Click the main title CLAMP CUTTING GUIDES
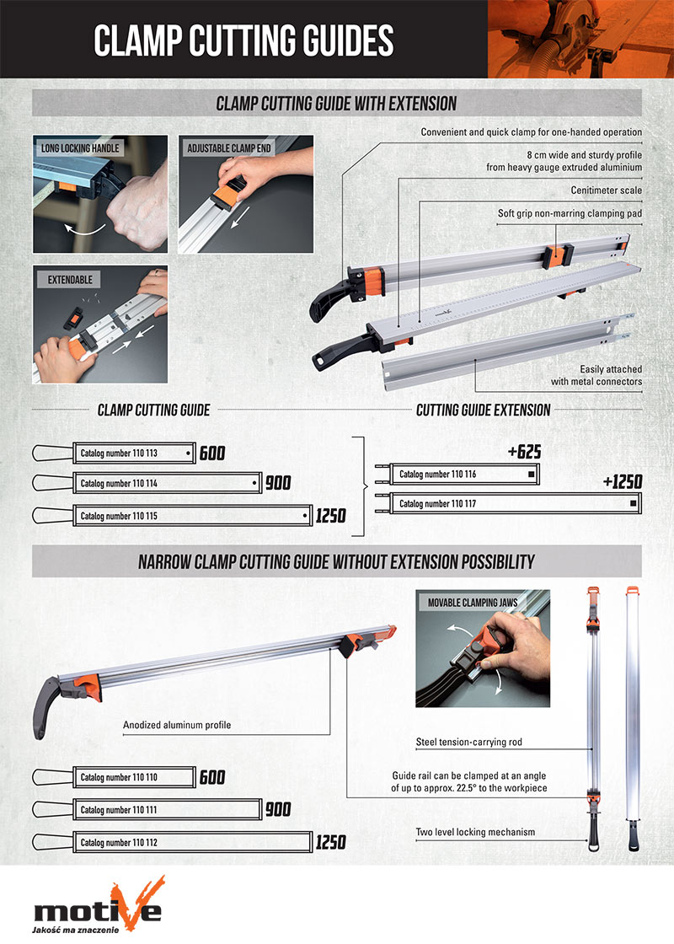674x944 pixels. click(243, 40)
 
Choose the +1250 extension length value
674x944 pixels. click(623, 481)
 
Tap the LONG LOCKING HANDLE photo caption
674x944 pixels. click(81, 148)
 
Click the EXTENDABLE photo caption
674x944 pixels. click(69, 277)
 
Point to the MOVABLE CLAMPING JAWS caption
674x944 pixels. click(472, 603)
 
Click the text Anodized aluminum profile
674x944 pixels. click(176, 725)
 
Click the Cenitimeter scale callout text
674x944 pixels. click(606, 191)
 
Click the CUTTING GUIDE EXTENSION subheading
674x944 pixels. click(484, 410)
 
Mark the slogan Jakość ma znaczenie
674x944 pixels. click(75, 930)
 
